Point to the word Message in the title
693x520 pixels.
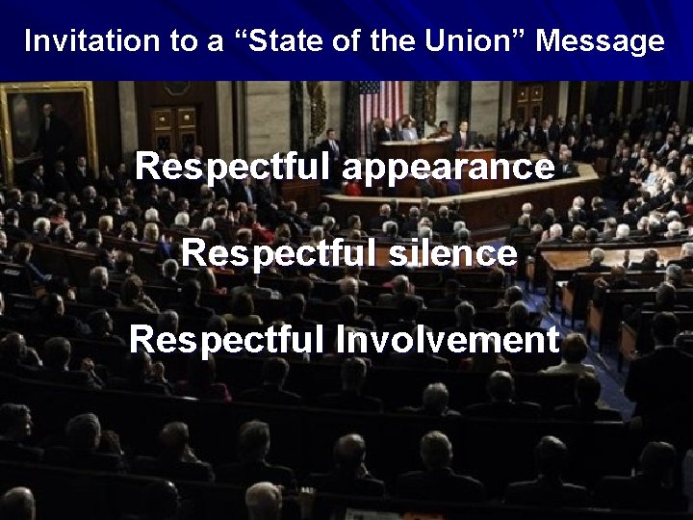[600, 41]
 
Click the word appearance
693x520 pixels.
[448, 168]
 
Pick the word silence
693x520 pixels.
[454, 253]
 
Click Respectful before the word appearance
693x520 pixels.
[234, 168]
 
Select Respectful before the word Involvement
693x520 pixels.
[228, 339]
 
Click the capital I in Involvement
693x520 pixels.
[341, 339]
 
